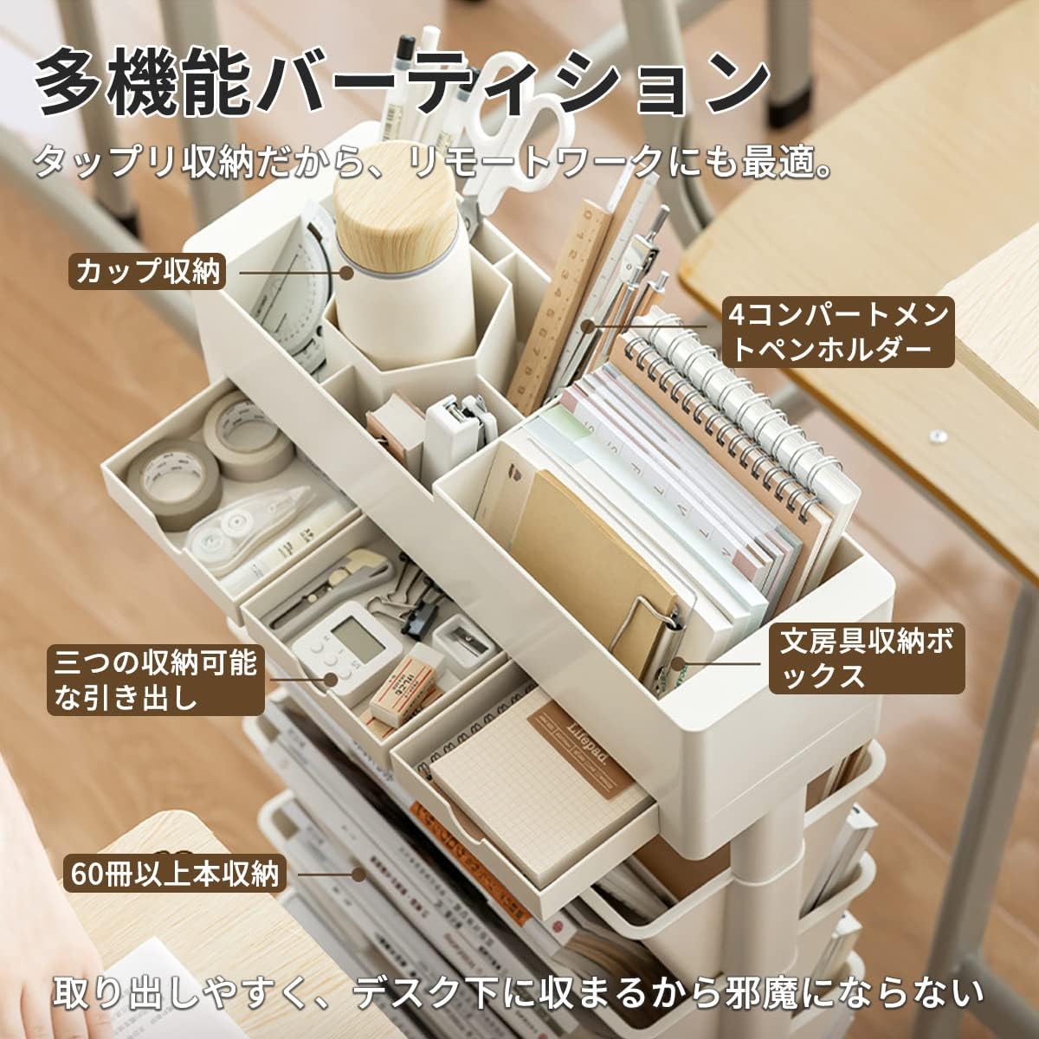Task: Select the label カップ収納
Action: tap(148, 272)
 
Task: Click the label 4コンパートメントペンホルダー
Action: tap(839, 331)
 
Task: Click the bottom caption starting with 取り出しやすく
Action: tap(519, 992)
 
